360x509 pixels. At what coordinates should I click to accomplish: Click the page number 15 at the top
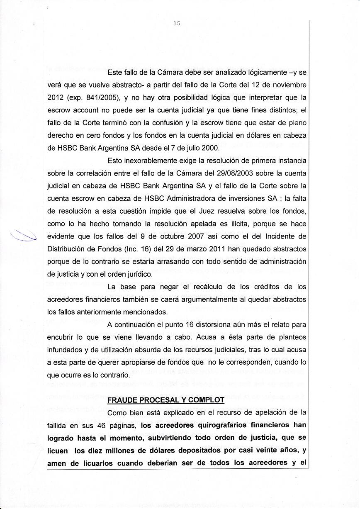[x=177, y=24]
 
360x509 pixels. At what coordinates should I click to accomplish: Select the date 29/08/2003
[x=228, y=173]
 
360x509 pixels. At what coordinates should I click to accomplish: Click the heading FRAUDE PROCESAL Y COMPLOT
[x=166, y=400]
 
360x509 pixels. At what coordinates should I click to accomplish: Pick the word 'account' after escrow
[x=88, y=111]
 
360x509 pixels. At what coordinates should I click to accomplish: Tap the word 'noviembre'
[x=289, y=85]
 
